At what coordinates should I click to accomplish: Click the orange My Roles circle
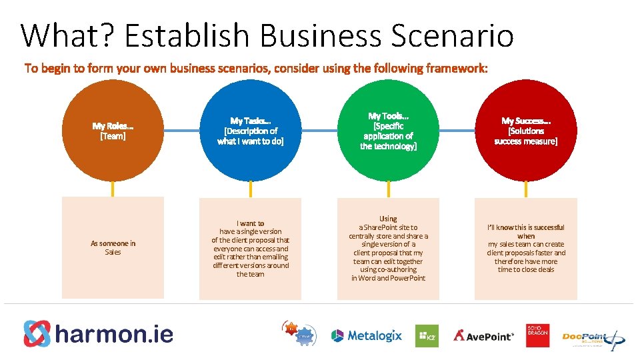(113, 131)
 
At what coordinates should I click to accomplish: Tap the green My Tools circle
(388, 131)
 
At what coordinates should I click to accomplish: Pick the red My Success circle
(526, 131)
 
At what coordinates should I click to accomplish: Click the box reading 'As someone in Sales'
(113, 247)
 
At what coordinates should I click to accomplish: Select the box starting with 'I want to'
(251, 247)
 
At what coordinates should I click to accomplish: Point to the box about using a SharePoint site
(388, 247)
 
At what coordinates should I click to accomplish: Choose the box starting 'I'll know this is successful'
(526, 247)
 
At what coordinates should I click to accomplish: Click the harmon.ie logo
(99, 333)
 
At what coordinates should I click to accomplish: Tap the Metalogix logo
(367, 335)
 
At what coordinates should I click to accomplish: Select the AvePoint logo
(484, 335)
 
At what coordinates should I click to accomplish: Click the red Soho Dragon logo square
(537, 335)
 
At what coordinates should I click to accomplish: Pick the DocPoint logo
(592, 337)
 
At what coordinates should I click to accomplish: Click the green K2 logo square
(427, 335)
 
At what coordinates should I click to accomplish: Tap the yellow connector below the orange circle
(113, 189)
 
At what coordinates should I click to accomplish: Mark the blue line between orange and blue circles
(181, 131)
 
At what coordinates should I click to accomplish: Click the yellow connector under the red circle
(526, 189)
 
